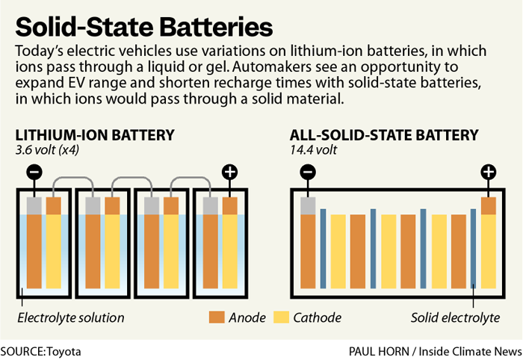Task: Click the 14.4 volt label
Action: [x=314, y=150]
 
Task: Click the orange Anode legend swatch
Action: [x=217, y=317]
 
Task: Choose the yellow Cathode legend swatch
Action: [x=282, y=317]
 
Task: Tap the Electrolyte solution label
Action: [x=70, y=317]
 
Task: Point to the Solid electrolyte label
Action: [x=455, y=317]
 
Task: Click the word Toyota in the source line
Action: [x=64, y=350]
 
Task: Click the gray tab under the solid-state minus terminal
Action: [x=308, y=205]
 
